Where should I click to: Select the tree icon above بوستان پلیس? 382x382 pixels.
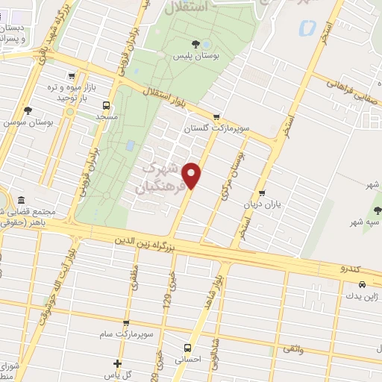[195, 45]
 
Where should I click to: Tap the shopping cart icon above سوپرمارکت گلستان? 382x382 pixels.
[216, 116]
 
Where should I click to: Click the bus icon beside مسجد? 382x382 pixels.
[106, 106]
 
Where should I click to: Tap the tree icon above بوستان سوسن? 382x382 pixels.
[28, 110]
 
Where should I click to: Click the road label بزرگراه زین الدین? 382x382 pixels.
[145, 243]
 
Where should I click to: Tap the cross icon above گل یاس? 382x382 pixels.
[117, 363]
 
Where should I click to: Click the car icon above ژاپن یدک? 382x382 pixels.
[362, 284]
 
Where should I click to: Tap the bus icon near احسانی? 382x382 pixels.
[187, 347]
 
